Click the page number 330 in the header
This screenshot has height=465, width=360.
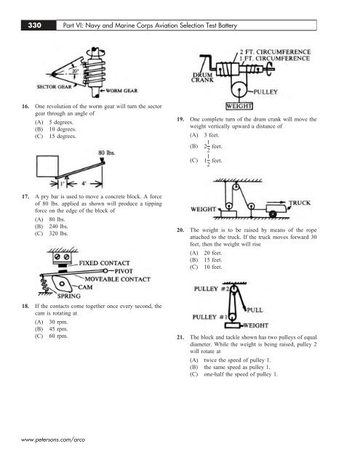[x=35, y=25]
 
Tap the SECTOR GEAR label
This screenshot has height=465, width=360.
[x=55, y=87]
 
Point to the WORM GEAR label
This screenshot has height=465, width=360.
[x=121, y=91]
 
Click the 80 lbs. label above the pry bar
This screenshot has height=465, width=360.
[x=107, y=153]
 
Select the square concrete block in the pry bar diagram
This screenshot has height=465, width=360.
[x=47, y=166]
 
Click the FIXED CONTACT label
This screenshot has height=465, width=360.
[x=105, y=263]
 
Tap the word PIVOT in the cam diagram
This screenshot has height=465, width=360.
[x=124, y=271]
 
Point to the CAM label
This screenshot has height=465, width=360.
[x=86, y=287]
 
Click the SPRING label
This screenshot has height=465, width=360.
[x=69, y=296]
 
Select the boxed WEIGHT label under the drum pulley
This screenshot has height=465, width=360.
[x=239, y=106]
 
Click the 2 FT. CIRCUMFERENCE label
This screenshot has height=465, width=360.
[x=276, y=52]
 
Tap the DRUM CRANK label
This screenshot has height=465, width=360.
[x=202, y=78]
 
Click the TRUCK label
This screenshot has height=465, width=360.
[x=300, y=203]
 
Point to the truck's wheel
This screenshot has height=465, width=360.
[x=273, y=214]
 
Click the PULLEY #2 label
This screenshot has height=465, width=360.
[x=212, y=289]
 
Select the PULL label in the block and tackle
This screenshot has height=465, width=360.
[x=255, y=310]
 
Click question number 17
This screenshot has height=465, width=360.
[x=25, y=197]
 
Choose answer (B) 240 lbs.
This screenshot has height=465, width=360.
[x=52, y=227]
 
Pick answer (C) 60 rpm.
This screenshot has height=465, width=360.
[x=52, y=336]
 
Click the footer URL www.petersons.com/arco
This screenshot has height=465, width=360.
[x=53, y=440]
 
